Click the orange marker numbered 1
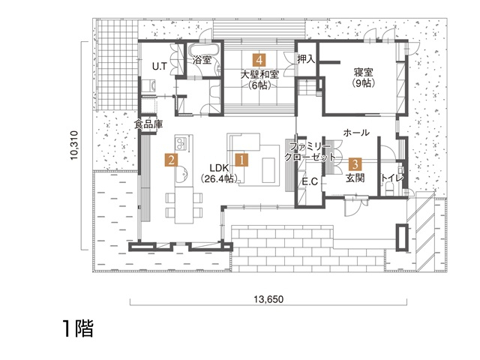coord(241,159)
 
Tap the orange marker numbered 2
coord(172,160)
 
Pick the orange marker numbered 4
coord(259,58)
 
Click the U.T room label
coord(160,67)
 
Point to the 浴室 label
coord(202,59)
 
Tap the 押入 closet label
coord(306,59)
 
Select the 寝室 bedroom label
coord(364,72)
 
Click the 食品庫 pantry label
coord(148,124)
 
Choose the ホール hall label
coord(355,133)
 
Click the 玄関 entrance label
coord(355,178)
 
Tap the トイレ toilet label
coord(392,178)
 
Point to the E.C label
coord(310,181)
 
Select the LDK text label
coord(218,168)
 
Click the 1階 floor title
coord(78,328)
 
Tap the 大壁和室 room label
coord(259,74)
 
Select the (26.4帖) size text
coord(218,179)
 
